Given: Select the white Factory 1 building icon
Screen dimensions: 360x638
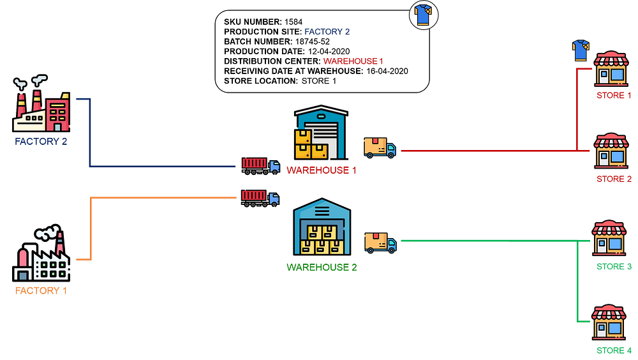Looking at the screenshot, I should (42, 255).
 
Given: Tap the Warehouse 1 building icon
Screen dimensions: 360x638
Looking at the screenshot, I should (320, 134).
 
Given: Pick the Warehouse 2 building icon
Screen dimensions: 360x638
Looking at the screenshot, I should (322, 228).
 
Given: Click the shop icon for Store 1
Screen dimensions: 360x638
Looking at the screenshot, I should (611, 69).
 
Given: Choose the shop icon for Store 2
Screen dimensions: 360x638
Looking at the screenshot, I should (611, 151).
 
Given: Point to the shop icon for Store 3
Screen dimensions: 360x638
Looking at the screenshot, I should (609, 238).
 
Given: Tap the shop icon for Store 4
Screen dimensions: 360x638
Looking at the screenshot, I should (609, 322).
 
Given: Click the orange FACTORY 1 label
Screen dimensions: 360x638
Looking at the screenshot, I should (41, 291).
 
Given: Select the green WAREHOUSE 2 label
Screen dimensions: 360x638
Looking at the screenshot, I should (321, 267).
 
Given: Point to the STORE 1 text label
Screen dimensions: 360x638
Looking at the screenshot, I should (614, 95).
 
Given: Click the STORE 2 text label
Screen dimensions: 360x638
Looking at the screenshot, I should (614, 179).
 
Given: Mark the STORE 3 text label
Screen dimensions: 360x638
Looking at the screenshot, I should (614, 266).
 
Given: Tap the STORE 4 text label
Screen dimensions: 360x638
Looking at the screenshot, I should (614, 350).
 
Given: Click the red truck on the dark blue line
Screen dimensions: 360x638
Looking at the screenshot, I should (260, 165).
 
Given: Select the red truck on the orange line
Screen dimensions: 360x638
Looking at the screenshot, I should (260, 198).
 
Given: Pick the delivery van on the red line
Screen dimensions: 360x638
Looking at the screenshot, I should (380, 147).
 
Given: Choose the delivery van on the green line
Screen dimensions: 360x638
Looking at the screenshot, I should (380, 243).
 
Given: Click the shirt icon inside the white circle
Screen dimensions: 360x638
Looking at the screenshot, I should (424, 15).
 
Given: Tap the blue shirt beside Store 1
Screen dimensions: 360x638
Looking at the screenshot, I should (581, 50).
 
